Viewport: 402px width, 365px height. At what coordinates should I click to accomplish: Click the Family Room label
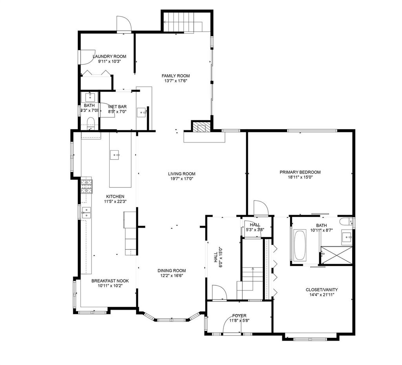tap(175, 76)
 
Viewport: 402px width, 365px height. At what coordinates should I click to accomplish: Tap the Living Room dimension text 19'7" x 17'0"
tap(181, 179)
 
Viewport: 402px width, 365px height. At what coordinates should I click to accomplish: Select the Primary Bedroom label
tap(300, 172)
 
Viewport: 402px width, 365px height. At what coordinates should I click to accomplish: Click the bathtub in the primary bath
tap(299, 246)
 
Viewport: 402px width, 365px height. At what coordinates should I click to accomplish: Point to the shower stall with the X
tap(336, 255)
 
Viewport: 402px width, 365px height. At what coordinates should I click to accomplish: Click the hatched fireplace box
tap(201, 127)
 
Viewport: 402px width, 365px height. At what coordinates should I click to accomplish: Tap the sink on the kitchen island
tap(115, 155)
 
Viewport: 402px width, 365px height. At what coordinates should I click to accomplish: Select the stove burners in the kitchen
tap(87, 186)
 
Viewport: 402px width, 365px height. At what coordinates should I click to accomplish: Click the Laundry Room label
tap(110, 57)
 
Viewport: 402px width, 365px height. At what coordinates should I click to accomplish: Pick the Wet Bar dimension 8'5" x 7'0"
tap(117, 111)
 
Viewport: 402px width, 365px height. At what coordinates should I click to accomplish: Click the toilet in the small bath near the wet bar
tap(91, 122)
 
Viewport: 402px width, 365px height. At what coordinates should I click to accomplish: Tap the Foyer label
tap(239, 316)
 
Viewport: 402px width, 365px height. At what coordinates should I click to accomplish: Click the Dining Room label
tap(172, 271)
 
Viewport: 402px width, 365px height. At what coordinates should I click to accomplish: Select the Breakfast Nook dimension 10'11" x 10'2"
tap(110, 286)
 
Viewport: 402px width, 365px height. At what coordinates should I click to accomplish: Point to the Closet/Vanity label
tap(322, 290)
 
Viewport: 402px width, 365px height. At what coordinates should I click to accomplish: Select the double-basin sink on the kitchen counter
tap(86, 212)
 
